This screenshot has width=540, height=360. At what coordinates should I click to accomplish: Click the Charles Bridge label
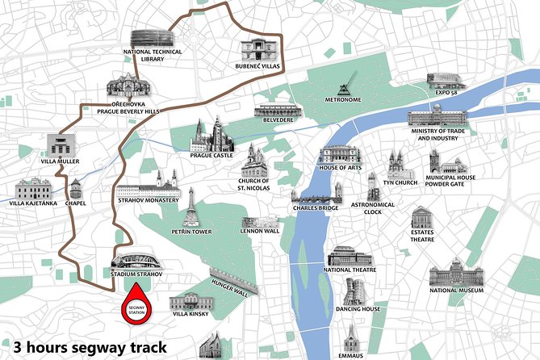pyautogui.click(x=317, y=207)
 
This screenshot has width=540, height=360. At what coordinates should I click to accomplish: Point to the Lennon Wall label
pyautogui.click(x=260, y=231)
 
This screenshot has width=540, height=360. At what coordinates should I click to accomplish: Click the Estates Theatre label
pyautogui.click(x=422, y=235)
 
